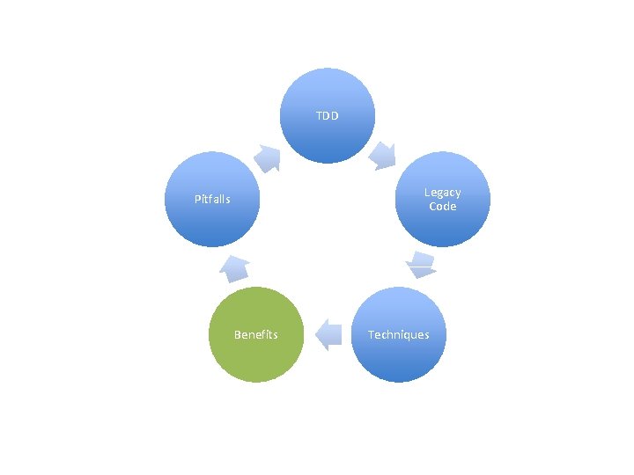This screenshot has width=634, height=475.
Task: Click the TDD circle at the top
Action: [328, 115]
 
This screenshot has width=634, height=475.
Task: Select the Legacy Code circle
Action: [442, 200]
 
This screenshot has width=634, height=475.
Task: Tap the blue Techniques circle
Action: [398, 334]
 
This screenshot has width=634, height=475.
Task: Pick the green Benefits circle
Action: [256, 334]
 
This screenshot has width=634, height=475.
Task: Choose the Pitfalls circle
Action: [212, 199]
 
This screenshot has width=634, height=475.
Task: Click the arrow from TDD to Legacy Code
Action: [383, 155]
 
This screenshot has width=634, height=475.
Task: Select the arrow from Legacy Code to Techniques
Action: [422, 264]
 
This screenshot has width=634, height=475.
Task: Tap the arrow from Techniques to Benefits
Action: [328, 334]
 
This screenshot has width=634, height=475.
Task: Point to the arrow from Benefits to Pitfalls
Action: [235, 266]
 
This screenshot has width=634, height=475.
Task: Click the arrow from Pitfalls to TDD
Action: [268, 157]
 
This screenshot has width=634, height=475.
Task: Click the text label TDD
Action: [328, 115]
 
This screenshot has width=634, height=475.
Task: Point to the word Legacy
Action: [442, 193]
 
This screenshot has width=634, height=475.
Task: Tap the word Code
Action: [442, 207]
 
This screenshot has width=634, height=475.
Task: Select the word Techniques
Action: [398, 334]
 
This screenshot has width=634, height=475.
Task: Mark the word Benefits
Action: [256, 334]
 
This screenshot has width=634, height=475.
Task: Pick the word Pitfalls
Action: [212, 199]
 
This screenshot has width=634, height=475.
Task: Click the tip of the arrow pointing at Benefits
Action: [315, 334]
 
